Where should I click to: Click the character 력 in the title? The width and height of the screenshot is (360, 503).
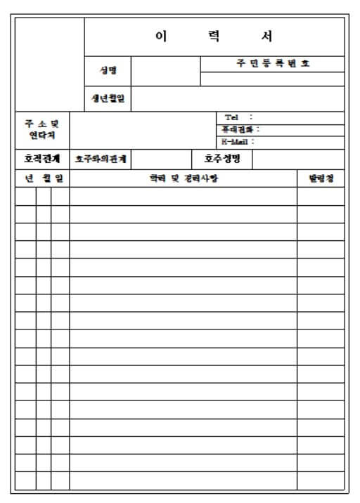(x=214, y=37)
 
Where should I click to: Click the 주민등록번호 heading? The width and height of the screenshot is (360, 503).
(x=272, y=63)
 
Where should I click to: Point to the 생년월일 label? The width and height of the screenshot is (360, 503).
(x=108, y=98)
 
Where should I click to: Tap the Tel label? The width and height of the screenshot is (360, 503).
(x=232, y=117)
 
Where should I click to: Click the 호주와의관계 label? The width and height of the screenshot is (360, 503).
(x=101, y=159)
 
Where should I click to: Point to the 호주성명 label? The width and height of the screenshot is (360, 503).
(x=221, y=158)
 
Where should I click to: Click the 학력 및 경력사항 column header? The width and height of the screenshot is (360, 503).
(x=184, y=178)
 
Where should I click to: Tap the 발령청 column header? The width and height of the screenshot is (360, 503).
(x=321, y=178)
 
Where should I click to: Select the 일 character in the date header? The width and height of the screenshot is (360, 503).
(x=58, y=178)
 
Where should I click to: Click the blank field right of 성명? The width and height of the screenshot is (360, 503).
(x=165, y=70)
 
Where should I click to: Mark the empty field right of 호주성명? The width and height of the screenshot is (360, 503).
(x=297, y=159)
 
